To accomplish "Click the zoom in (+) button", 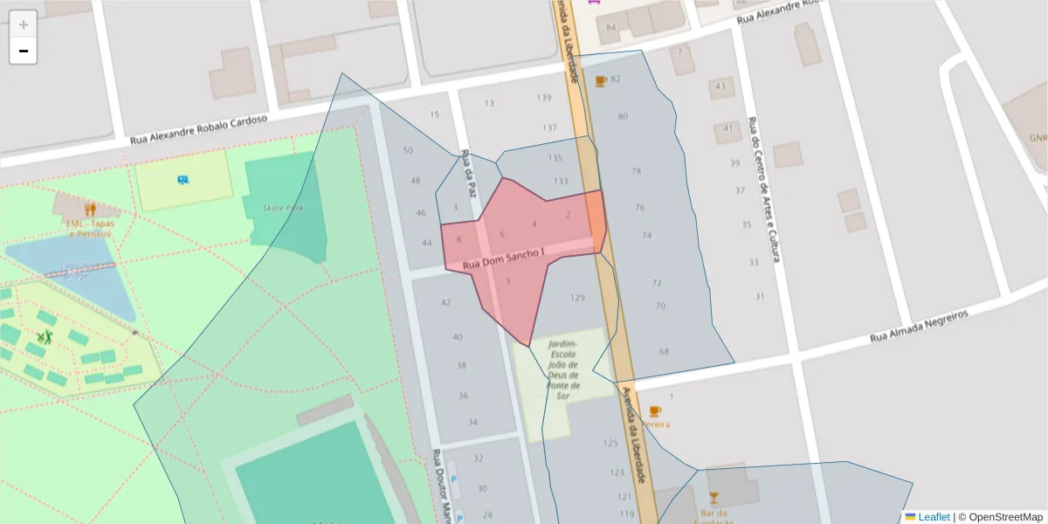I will pyautogui.click(x=24, y=24).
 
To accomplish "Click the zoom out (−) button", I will pyautogui.click(x=24, y=51).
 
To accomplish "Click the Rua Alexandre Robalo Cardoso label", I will pyautogui.click(x=198, y=130).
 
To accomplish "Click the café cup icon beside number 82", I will pyautogui.click(x=601, y=80).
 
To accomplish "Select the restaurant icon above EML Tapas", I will pyautogui.click(x=90, y=209).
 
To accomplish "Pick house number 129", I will pyautogui.click(x=577, y=298).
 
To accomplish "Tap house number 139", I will pyautogui.click(x=544, y=97).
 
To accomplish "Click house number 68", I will pyautogui.click(x=665, y=351).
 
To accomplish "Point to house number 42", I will pyautogui.click(x=446, y=302).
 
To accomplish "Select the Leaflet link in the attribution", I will pyautogui.click(x=933, y=517).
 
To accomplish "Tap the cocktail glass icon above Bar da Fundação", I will pyautogui.click(x=714, y=497).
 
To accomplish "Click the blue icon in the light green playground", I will pyautogui.click(x=183, y=180).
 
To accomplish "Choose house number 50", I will pyautogui.click(x=408, y=150).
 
